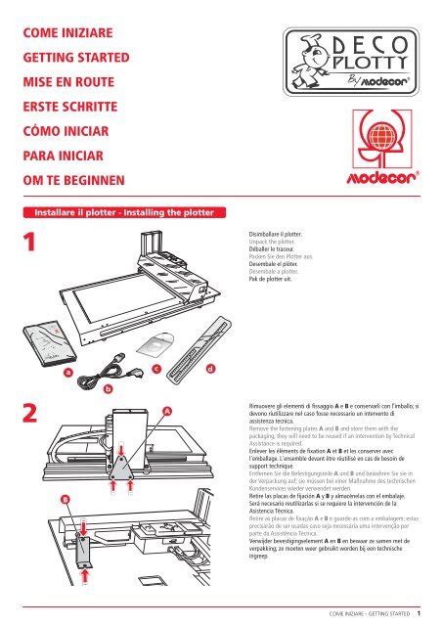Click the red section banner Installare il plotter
pyautogui.click(x=118, y=210)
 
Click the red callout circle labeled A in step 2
pyautogui.click(x=167, y=412)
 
